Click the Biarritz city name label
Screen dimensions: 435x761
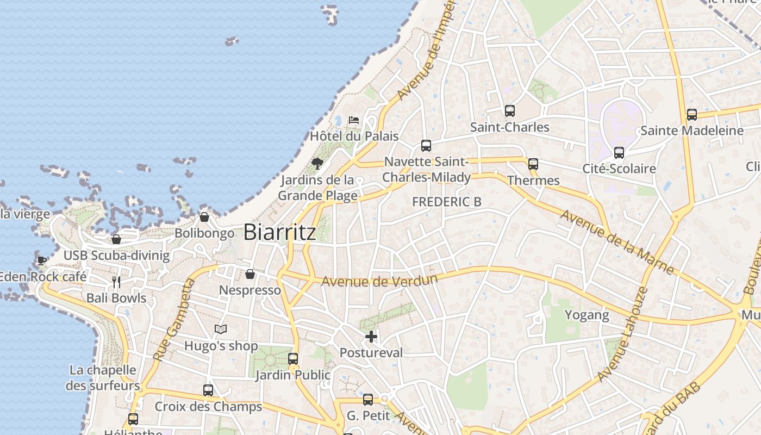point(279,232)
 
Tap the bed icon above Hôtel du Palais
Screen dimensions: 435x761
point(354,120)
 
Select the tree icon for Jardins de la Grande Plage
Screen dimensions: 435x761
point(317,163)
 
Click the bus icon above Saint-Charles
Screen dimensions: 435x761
point(509,111)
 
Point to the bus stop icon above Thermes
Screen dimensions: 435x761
point(533,164)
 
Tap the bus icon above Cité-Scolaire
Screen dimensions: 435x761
point(619,153)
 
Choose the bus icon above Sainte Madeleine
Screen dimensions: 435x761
point(691,115)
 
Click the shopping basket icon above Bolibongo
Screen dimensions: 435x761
point(204,217)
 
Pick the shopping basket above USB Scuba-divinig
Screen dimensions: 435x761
point(116,239)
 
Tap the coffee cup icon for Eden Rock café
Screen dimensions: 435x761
point(41,260)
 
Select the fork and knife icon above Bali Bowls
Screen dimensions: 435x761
point(116,282)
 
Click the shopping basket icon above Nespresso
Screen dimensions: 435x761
point(250,274)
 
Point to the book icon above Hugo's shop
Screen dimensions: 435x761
point(220,329)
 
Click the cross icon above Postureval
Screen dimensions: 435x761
point(371,337)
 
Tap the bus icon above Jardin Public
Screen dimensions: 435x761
point(293,359)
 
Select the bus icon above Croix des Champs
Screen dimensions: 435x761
point(208,390)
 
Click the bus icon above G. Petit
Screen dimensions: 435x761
point(368,400)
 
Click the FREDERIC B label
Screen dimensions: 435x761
point(446,202)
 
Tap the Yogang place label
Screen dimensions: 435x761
point(587,315)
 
